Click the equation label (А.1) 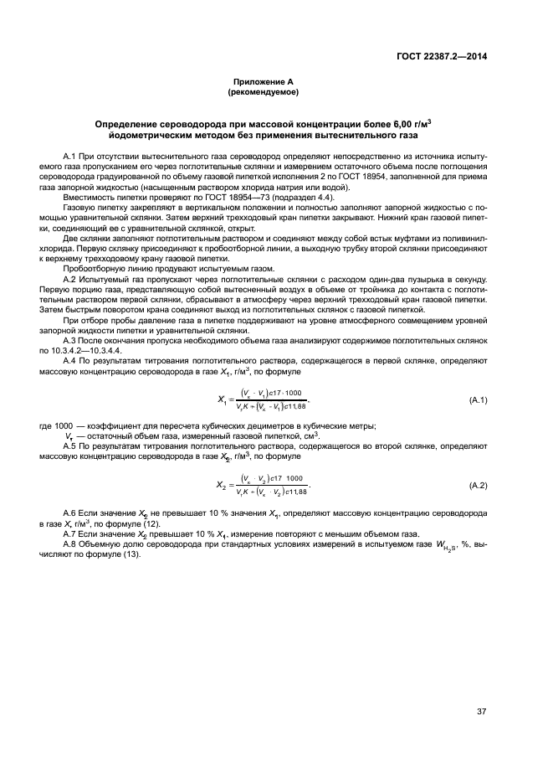coord(478,401)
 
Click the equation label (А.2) coord(478,486)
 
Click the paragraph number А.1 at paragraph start coord(95,157)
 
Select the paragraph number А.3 coord(95,339)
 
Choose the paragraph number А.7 coord(95,533)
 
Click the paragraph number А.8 coord(95,545)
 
